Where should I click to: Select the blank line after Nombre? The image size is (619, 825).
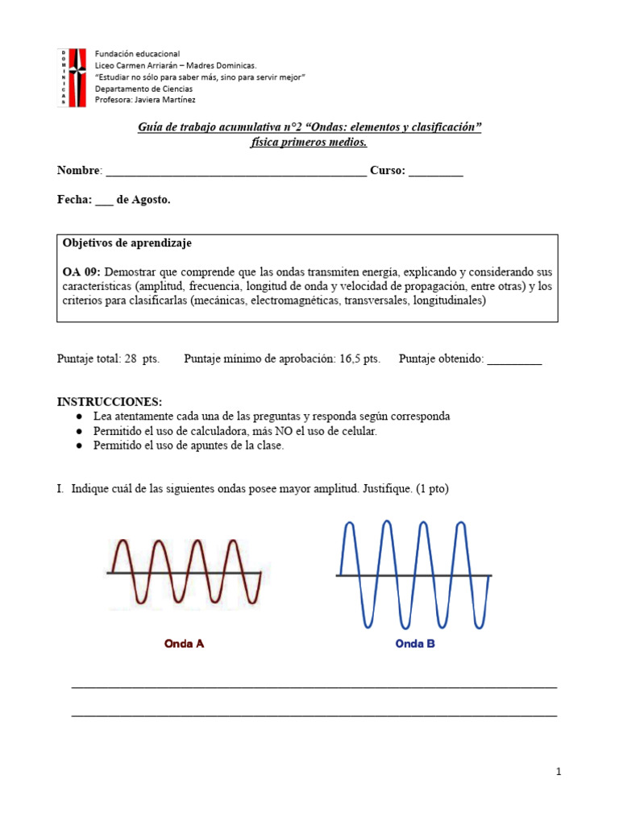235,172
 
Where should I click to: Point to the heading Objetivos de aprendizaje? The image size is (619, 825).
127,243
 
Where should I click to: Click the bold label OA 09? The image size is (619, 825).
81,272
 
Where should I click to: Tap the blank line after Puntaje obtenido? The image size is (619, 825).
514,360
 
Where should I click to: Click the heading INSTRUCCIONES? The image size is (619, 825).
110,401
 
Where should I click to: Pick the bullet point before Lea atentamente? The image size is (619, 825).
79,417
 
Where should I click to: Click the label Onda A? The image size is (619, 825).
184,644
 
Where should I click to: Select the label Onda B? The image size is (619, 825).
415,644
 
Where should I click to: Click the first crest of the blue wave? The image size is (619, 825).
350,524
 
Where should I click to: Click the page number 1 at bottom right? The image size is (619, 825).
558,772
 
